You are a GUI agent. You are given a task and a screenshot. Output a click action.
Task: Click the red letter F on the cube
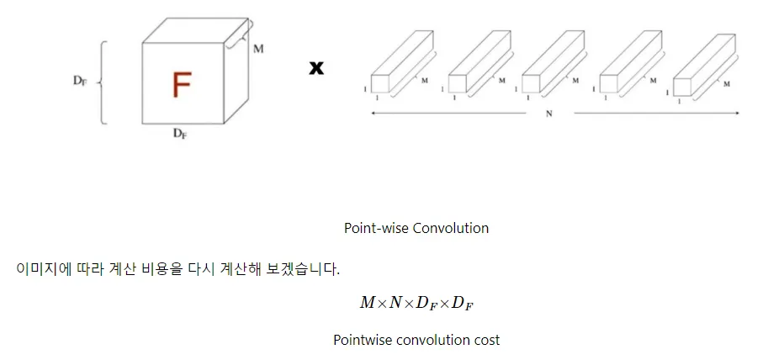(181, 85)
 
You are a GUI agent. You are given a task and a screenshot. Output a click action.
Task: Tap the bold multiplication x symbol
(316, 68)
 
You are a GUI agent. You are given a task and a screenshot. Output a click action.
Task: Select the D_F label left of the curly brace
(79, 82)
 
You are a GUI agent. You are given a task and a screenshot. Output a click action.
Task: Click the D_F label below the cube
(180, 135)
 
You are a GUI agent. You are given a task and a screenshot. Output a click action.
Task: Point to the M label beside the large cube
(258, 49)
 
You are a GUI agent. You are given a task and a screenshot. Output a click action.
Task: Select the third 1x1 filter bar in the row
(553, 64)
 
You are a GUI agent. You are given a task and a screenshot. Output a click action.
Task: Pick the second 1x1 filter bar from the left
(477, 64)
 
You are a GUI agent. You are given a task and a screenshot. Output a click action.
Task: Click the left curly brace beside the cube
(103, 82)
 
